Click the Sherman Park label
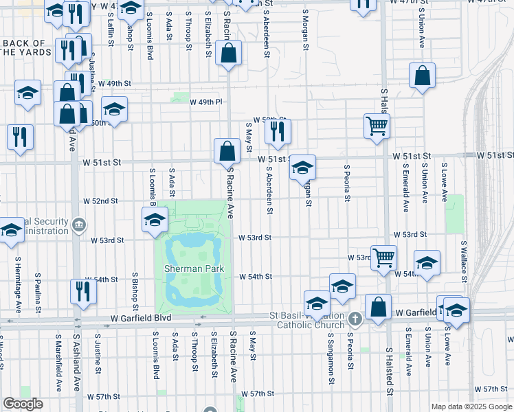coord(194,268)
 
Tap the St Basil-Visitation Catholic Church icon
coord(355,318)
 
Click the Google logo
coord(23,404)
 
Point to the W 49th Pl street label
coord(205,102)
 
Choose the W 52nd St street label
coord(101,201)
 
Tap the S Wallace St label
coord(465,263)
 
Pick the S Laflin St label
coord(110,27)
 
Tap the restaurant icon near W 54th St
coord(84,291)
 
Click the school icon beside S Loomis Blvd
coord(155,219)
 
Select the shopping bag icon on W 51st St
coord(227,150)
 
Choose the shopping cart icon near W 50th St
coord(377,126)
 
